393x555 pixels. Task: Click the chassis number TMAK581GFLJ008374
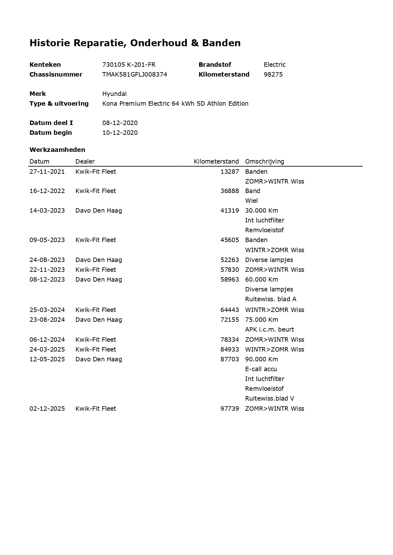click(x=135, y=74)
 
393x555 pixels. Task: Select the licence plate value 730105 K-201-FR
click(x=129, y=65)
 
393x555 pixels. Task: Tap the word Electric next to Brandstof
click(x=275, y=65)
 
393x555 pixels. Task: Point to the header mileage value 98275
click(x=273, y=74)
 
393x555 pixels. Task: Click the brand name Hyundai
click(x=114, y=94)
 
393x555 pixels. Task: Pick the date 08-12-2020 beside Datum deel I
click(x=120, y=123)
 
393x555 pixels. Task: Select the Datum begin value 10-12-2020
click(x=120, y=133)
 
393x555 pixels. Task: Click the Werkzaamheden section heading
click(x=57, y=150)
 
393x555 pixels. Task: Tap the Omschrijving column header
click(x=264, y=161)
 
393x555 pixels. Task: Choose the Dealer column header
click(x=85, y=161)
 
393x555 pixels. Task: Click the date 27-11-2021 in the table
click(x=47, y=171)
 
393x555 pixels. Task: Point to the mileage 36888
click(x=230, y=191)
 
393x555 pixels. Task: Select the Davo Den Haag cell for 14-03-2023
click(x=98, y=210)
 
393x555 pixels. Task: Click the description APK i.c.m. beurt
click(x=269, y=329)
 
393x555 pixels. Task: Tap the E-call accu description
click(x=261, y=369)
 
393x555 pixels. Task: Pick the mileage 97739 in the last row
click(x=230, y=408)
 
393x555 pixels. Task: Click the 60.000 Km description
click(x=261, y=279)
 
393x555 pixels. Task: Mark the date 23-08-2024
click(x=47, y=320)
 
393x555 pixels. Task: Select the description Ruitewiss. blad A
click(x=270, y=299)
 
